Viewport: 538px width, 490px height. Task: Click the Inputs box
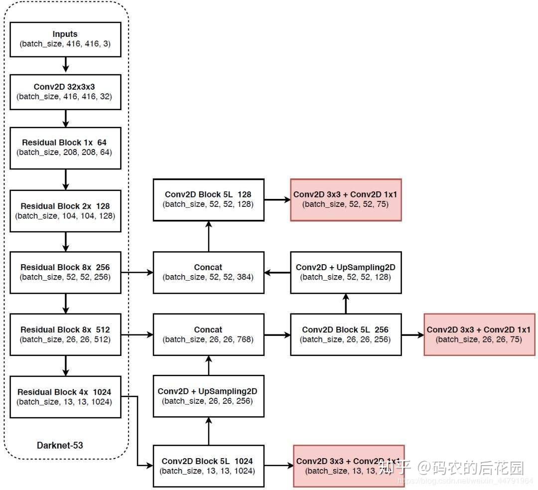coord(65,39)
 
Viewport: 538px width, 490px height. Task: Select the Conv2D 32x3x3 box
coord(65,92)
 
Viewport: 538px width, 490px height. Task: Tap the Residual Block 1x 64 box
coord(65,147)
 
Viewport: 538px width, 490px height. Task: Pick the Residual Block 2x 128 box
coord(65,210)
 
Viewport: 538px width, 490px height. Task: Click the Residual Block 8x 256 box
coord(65,272)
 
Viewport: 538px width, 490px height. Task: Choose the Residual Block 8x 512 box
coord(65,334)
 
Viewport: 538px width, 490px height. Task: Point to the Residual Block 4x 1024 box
coord(65,397)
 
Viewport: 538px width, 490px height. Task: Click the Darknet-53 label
coord(60,445)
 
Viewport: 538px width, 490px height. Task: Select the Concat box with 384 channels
coord(208,272)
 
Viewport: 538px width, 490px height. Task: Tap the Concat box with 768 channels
coord(208,334)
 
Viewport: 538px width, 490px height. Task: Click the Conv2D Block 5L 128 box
coord(208,199)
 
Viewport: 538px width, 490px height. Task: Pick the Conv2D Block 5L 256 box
coord(346,334)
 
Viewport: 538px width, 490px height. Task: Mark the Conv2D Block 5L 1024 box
coord(208,466)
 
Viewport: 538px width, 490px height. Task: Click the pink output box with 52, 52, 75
coord(346,199)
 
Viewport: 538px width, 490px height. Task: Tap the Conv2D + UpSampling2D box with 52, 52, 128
coord(346,272)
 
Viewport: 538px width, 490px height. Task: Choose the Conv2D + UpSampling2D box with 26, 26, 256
coord(208,396)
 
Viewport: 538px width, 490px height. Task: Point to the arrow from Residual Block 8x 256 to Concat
coord(137,272)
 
